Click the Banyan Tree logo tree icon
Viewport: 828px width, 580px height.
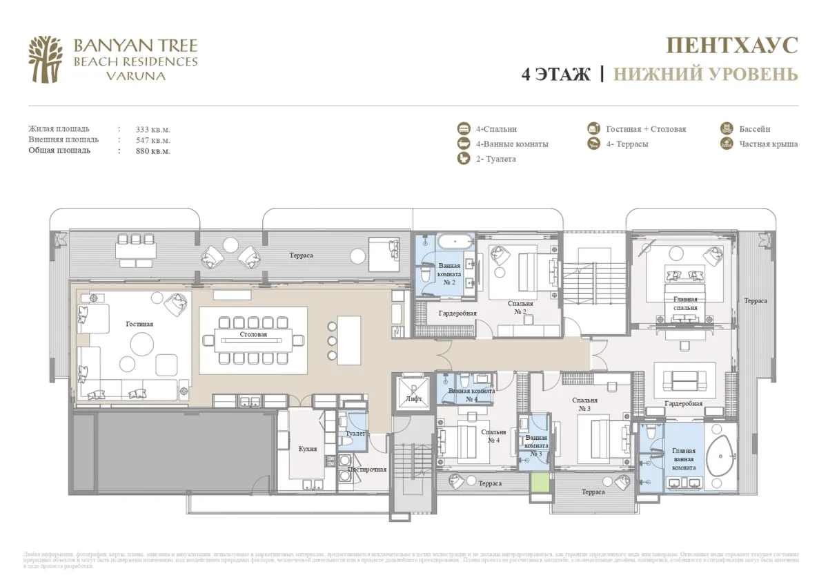[x=46, y=59]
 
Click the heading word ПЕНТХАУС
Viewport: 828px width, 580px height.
[x=731, y=46]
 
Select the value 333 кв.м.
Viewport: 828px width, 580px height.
[x=153, y=129]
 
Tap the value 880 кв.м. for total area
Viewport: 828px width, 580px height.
[x=153, y=151]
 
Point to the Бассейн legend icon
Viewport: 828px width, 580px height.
[x=727, y=128]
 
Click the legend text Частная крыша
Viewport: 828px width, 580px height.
[x=768, y=144]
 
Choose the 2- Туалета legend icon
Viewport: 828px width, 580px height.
[x=464, y=159]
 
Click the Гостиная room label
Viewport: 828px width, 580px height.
[x=139, y=324]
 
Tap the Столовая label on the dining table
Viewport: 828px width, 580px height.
[x=253, y=335]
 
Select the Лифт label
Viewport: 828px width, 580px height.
[x=413, y=399]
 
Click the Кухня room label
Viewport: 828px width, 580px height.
[x=308, y=449]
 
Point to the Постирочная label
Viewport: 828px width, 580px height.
[x=366, y=470]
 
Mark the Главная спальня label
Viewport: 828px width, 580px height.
[x=685, y=303]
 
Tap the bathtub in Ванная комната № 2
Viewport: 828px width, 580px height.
[x=455, y=243]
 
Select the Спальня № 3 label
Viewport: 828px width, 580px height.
[x=584, y=404]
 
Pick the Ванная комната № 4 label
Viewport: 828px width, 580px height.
[x=472, y=395]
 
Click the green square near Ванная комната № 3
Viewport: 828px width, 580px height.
[x=541, y=482]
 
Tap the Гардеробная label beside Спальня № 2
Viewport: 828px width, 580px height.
[x=457, y=313]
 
